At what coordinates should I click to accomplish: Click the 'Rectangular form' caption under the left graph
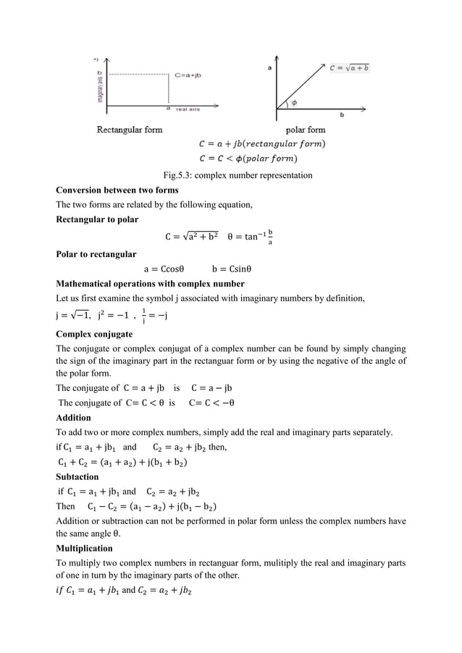point(130,130)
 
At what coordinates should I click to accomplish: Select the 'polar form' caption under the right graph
point(306,130)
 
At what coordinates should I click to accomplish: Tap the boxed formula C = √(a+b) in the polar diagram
point(350,67)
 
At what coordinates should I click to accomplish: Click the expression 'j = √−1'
point(71,315)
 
